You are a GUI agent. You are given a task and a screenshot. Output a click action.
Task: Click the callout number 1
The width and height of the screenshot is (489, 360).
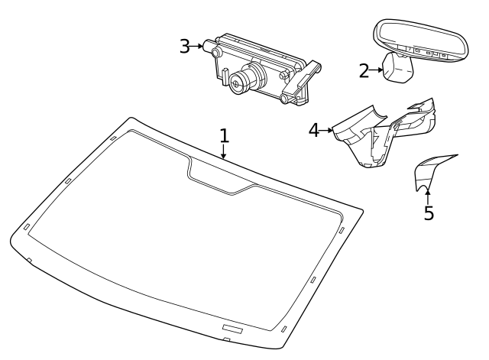coord(224,135)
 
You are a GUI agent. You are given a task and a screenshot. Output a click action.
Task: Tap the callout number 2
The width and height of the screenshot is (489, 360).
coord(364,71)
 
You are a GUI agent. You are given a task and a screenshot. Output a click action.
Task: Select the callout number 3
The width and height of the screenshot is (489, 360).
coord(184,46)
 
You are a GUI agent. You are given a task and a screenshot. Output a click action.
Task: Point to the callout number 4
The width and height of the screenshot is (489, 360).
coord(313,130)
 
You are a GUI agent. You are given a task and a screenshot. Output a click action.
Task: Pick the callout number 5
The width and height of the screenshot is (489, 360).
coord(429,213)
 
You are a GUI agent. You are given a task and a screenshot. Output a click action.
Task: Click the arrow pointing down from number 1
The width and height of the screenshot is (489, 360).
coord(224,152)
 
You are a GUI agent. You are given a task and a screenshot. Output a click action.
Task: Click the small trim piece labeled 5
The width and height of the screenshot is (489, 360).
coord(428,172)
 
